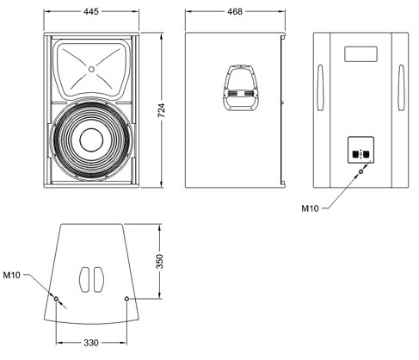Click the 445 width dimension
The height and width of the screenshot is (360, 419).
click(x=91, y=11)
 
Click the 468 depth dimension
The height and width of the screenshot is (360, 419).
click(x=235, y=11)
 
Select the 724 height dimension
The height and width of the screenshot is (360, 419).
click(x=162, y=110)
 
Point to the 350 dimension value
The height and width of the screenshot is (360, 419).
click(x=159, y=261)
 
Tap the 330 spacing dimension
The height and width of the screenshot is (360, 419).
click(x=91, y=343)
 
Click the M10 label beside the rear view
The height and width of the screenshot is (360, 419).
click(x=310, y=208)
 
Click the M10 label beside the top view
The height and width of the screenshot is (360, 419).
click(x=12, y=275)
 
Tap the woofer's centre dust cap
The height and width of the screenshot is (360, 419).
click(x=91, y=140)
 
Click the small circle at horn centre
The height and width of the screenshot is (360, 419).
click(x=91, y=69)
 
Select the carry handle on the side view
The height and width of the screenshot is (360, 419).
click(x=240, y=88)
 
